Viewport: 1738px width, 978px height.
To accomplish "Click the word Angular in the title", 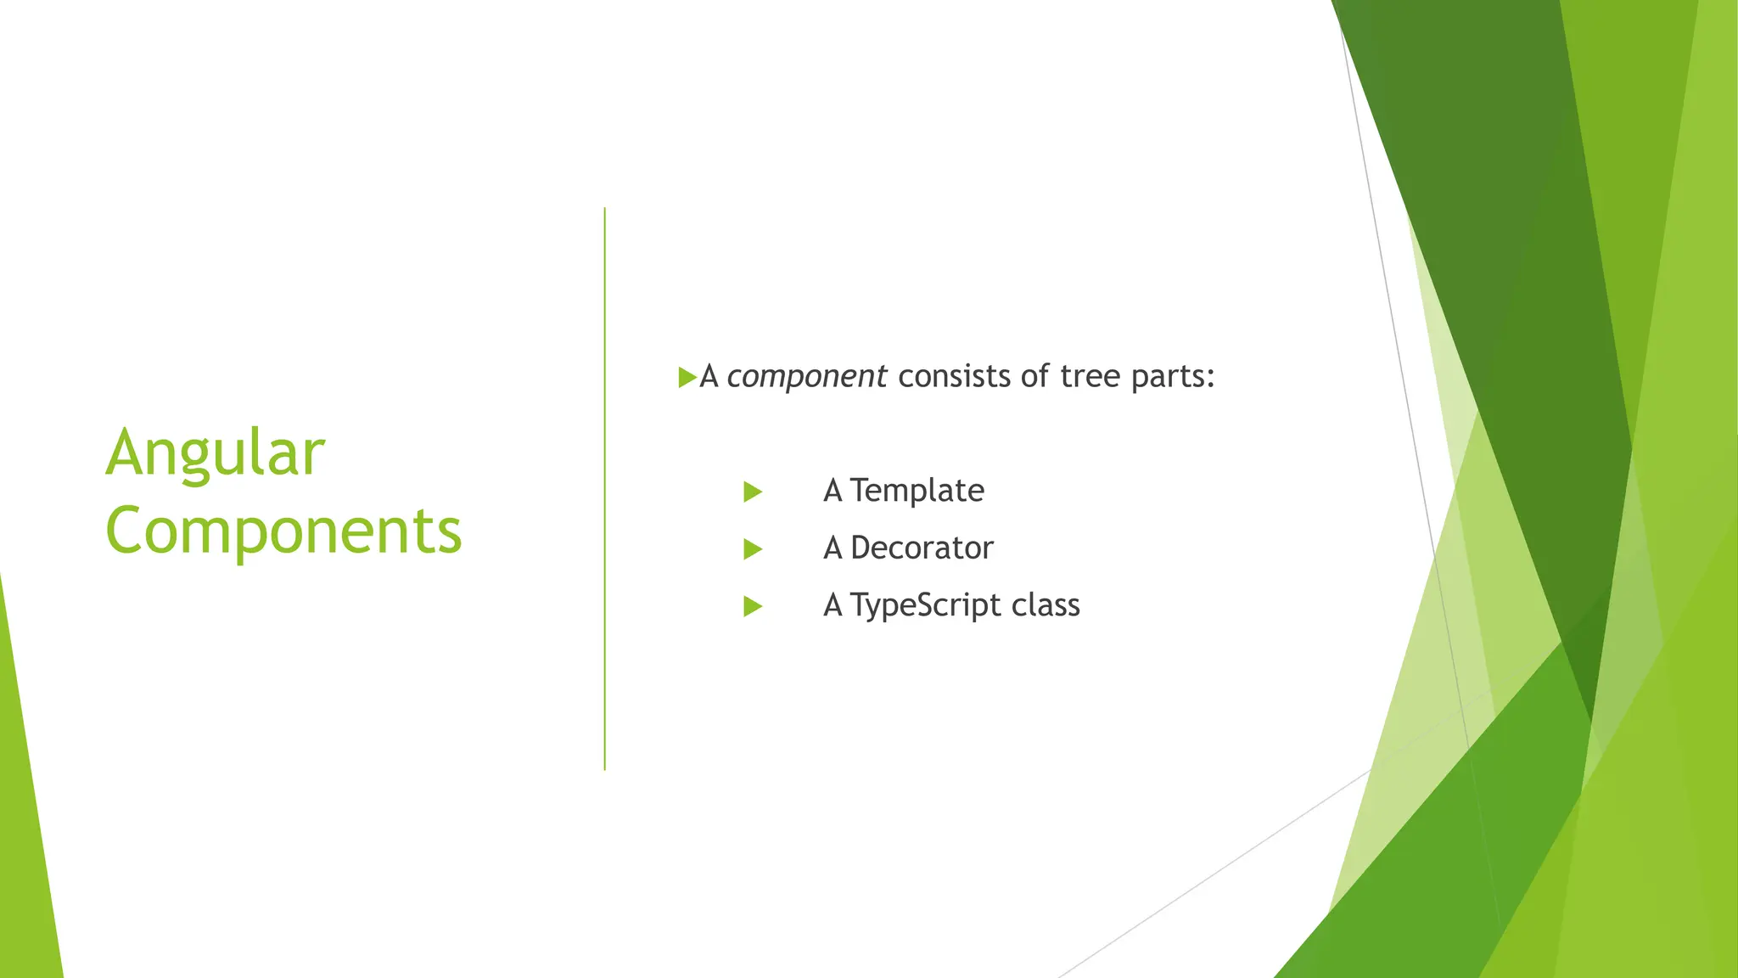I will (215, 454).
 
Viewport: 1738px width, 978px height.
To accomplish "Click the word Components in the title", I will (283, 531).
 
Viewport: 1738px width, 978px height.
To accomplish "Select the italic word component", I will (806, 376).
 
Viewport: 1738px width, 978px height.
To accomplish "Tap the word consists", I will (955, 376).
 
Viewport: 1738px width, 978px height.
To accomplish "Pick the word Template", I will (917, 491).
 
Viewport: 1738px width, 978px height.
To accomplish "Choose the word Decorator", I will (922, 548).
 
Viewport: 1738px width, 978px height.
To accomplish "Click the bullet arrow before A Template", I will (752, 492).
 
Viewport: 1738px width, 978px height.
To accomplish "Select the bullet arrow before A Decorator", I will (752, 549).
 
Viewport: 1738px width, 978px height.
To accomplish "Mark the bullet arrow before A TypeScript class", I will (752, 606).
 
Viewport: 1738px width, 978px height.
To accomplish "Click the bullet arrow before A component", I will (687, 377).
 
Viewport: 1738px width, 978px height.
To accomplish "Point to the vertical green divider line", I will (605, 488).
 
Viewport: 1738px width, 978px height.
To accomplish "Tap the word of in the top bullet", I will (1034, 376).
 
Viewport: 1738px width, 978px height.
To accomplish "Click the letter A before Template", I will (833, 491).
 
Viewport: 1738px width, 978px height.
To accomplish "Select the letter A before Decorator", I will (833, 548).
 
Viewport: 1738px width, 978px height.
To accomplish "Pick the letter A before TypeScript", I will (833, 605).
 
